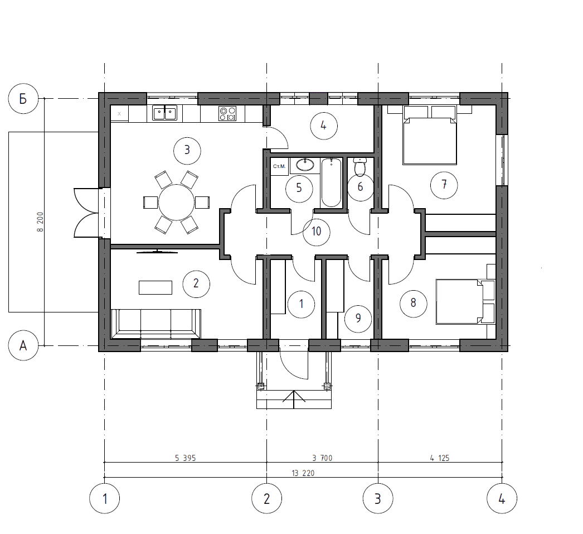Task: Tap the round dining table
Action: point(176,203)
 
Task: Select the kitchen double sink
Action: point(165,113)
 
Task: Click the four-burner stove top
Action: point(227,113)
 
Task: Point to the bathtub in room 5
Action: point(331,182)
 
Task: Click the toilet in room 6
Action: point(360,167)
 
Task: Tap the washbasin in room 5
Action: point(305,165)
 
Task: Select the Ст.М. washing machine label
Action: point(279,166)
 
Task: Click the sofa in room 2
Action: point(156,324)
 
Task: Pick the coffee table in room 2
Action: point(156,288)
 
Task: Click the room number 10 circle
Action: point(317,232)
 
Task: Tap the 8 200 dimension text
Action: point(40,222)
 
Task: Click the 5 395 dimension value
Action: point(185,458)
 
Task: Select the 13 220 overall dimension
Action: point(303,473)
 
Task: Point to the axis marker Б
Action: point(23,99)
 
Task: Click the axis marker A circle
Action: point(23,345)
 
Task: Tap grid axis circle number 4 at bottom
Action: point(502,498)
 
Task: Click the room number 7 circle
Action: point(444,185)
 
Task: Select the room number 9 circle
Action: point(358,319)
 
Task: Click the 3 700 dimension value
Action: point(322,458)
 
